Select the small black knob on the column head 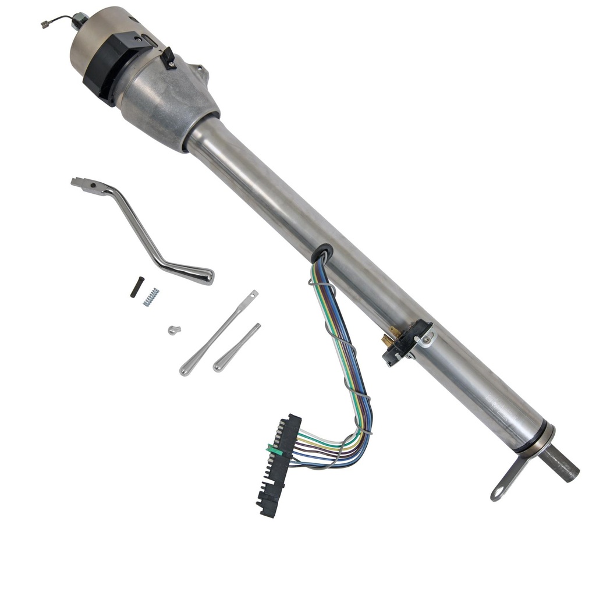coord(168,58)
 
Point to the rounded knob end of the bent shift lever coord(200,275)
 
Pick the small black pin coord(136,286)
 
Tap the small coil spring coord(151,296)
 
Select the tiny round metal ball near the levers coord(173,330)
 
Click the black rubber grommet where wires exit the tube coord(321,254)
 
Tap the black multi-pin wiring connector coord(279,466)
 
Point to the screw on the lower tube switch coord(427,339)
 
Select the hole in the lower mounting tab coord(498,493)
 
